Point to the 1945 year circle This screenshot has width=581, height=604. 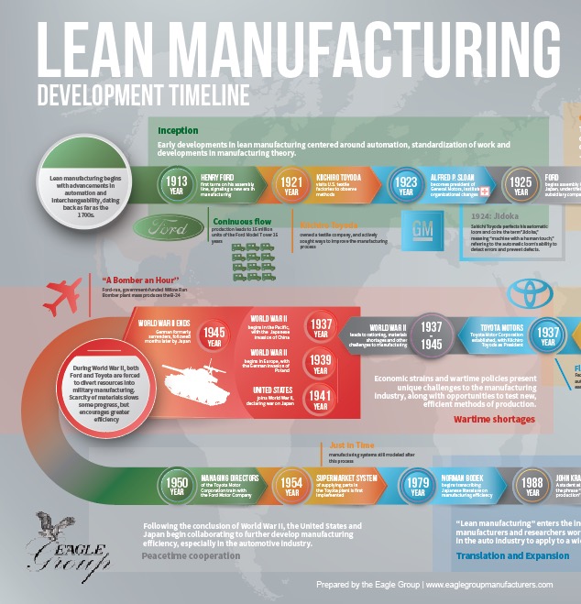(214, 336)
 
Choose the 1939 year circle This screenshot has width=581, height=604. (322, 365)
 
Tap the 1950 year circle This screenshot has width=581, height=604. (176, 485)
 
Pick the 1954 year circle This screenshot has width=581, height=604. (291, 485)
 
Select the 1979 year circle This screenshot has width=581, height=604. (418, 485)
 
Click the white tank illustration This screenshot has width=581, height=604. (189, 379)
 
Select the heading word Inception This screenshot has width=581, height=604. (178, 131)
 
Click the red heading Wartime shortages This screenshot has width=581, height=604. (494, 419)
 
